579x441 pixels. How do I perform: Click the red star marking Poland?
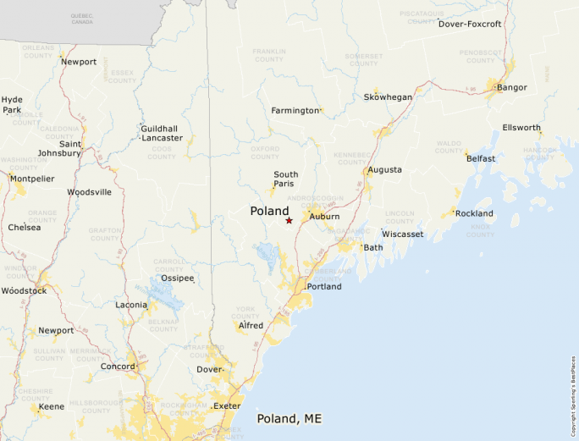coord(289,220)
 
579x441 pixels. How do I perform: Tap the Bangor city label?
coord(512,87)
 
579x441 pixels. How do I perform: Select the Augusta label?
coord(384,170)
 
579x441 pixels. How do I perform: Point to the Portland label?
coord(324,287)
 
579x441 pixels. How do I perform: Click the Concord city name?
coord(119,367)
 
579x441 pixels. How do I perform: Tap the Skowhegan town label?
coord(388,97)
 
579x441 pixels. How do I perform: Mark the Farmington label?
coord(295,111)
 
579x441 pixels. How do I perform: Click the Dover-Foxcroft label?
coord(470,24)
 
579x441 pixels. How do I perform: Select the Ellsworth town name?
coord(521,128)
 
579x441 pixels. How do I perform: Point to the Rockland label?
coord(474,213)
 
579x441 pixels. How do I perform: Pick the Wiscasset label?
coord(402,234)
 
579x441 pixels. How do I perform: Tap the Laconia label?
coord(131,305)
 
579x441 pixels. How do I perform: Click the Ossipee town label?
coord(178,278)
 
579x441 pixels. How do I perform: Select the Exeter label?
coord(227,406)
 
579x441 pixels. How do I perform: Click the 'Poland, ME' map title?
coord(289,419)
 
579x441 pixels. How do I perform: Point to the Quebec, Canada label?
coord(82,19)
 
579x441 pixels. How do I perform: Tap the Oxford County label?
coord(265,152)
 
